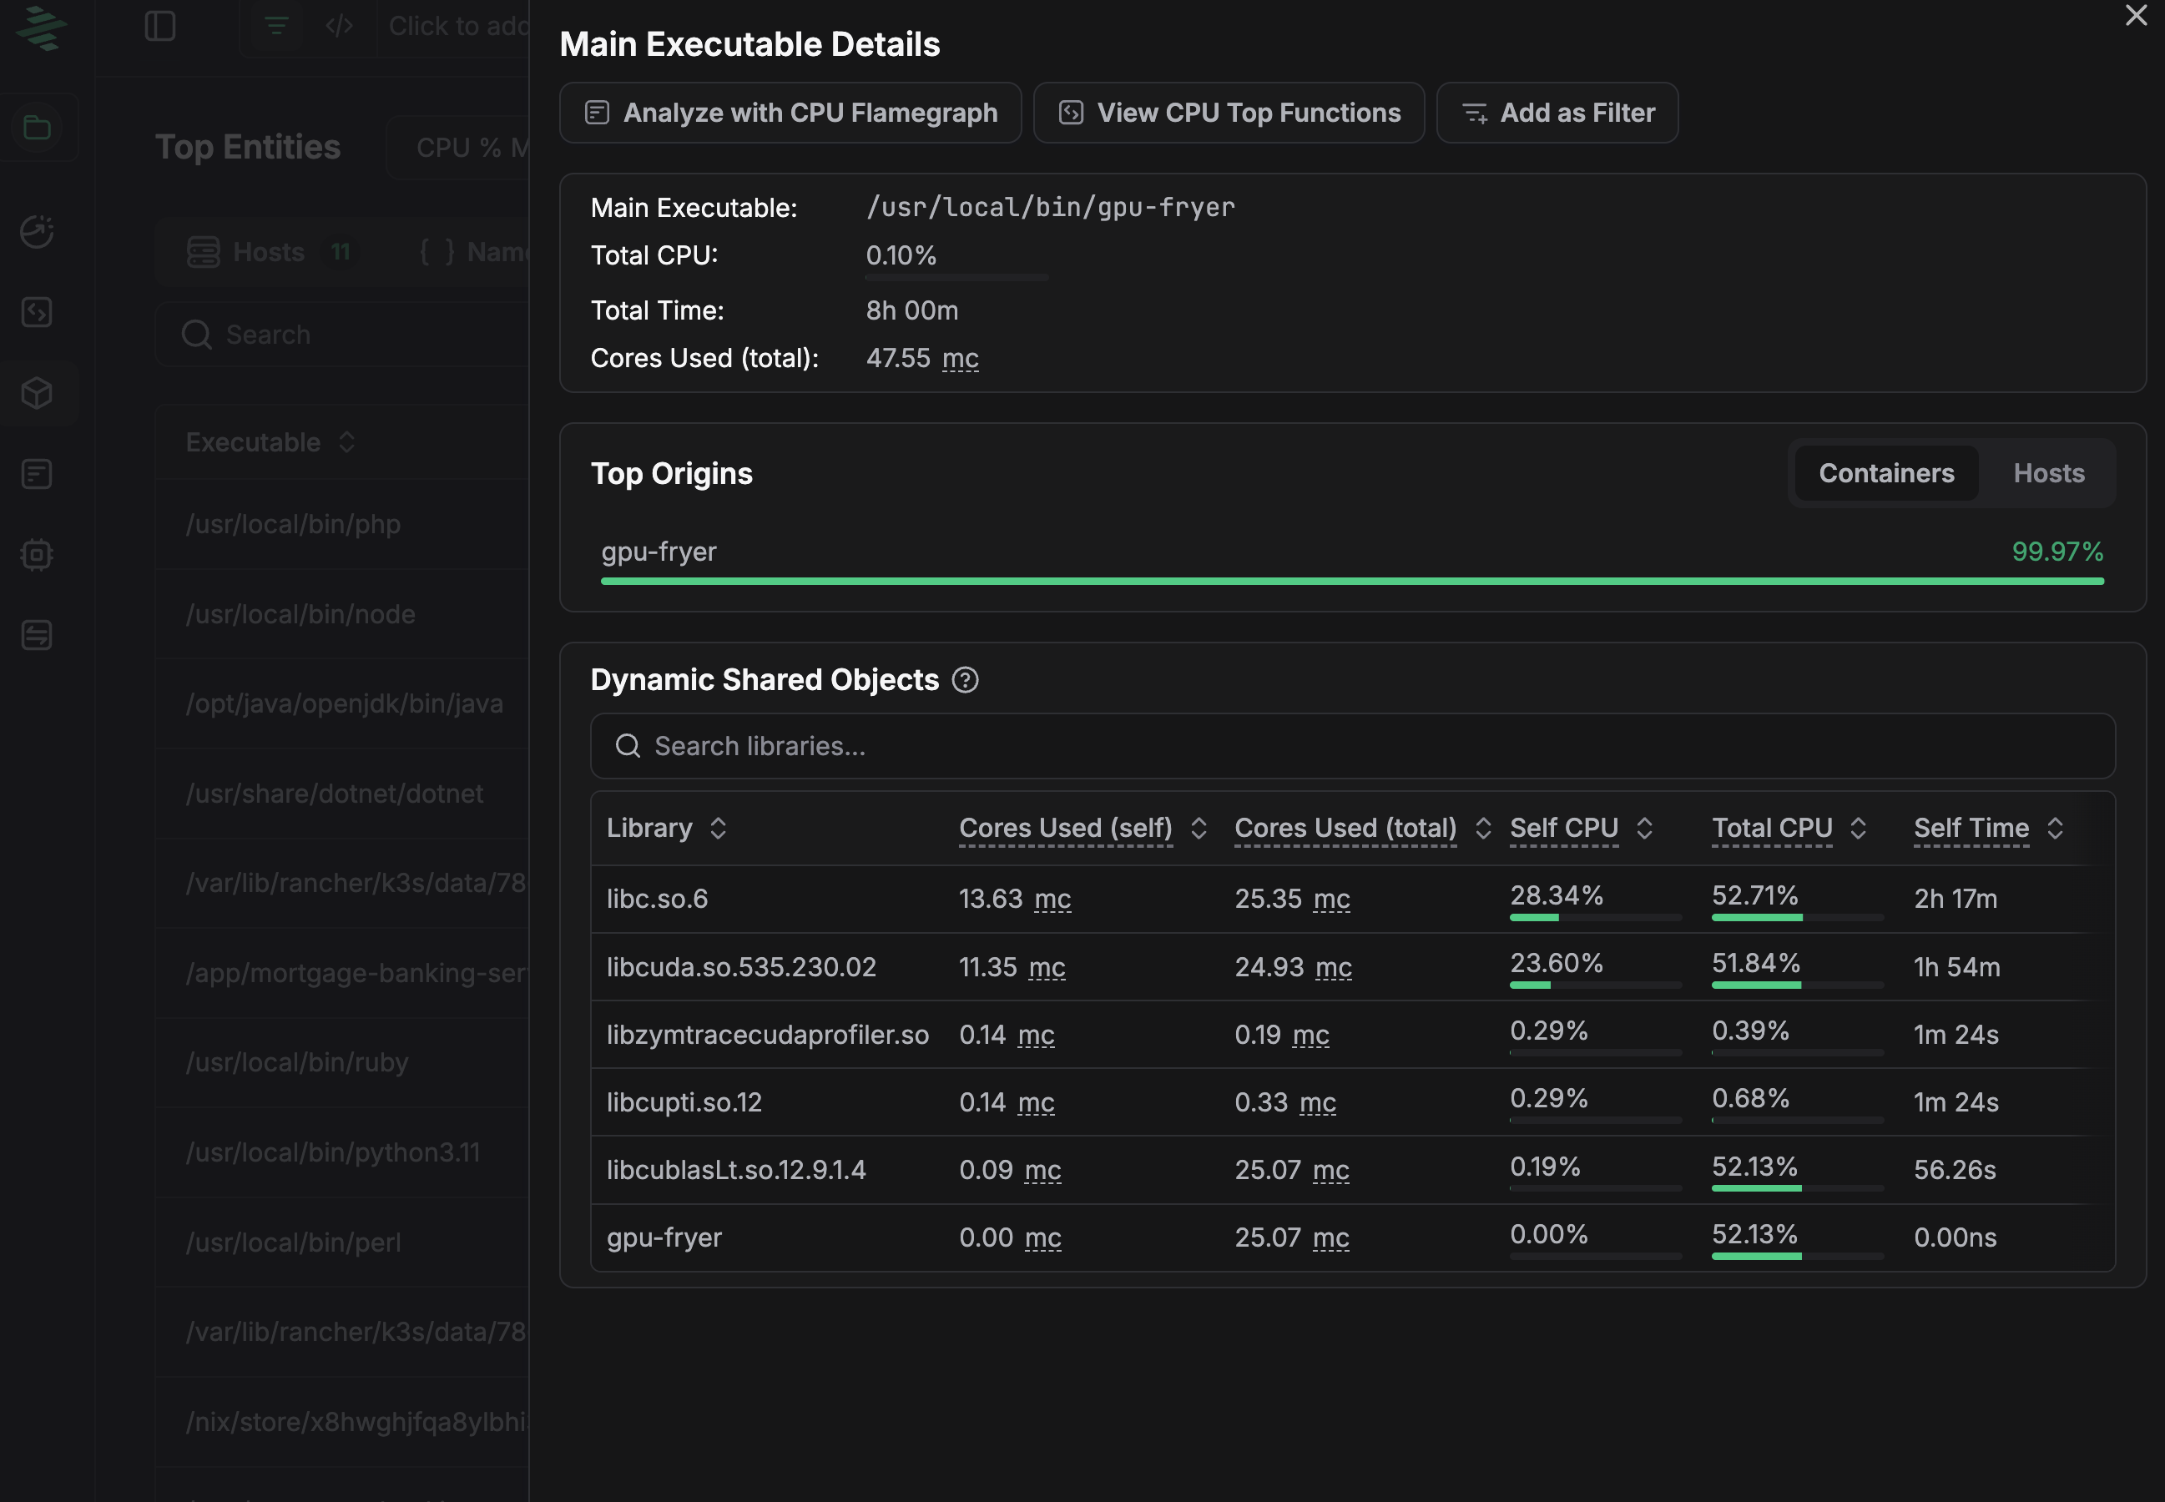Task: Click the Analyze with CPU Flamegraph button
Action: point(790,113)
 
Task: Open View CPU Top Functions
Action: point(1229,113)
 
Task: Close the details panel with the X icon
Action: point(2136,15)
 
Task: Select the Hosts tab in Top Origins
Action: point(2048,473)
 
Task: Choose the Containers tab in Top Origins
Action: point(1885,473)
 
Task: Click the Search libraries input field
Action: point(1352,746)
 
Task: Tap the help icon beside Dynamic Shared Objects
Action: point(965,679)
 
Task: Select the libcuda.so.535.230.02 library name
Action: point(741,966)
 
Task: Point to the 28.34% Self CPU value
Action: point(1556,895)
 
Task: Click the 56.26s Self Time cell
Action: point(1954,1170)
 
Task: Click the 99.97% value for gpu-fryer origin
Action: point(2056,552)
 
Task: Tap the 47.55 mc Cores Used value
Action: point(921,359)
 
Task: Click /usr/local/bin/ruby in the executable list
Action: point(296,1062)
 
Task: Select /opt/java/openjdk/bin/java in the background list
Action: point(344,704)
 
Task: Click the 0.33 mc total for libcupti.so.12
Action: point(1284,1102)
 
